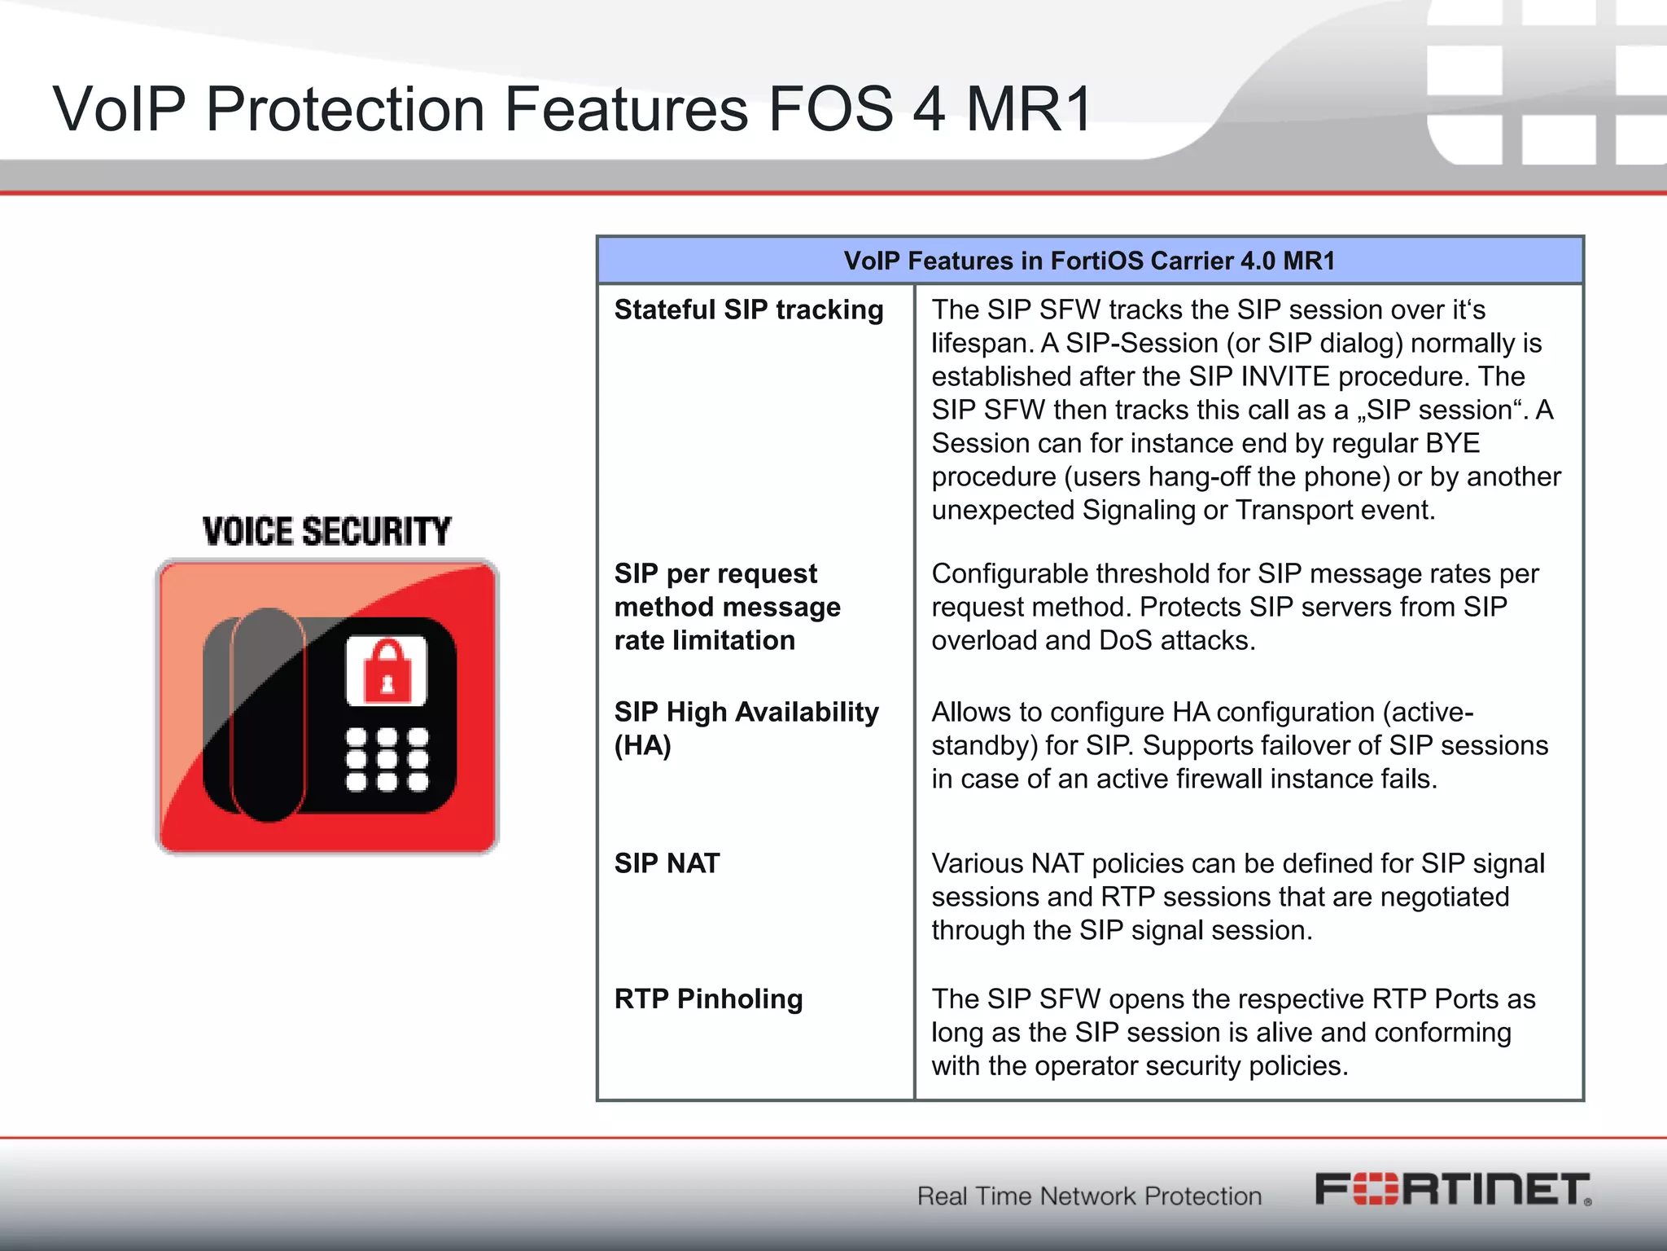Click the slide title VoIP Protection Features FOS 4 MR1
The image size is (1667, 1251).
tap(572, 109)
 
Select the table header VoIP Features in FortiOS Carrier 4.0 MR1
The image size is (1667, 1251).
tap(1089, 261)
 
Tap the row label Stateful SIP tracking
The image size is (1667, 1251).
tap(748, 310)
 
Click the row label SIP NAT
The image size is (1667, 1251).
tap(667, 863)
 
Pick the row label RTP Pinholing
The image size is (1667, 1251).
tap(708, 999)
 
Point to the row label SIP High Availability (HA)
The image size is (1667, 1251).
tap(746, 728)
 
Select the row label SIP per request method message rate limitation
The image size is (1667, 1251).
tap(727, 607)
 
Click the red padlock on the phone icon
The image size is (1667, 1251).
tap(387, 670)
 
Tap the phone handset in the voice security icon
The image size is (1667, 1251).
tap(268, 714)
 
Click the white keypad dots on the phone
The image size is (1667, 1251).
tap(387, 759)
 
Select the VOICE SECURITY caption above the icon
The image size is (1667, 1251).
tap(326, 532)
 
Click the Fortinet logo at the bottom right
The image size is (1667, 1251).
tap(1453, 1190)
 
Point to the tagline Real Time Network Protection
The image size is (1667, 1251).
tap(1089, 1196)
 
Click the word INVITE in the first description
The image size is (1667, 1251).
tap(1285, 377)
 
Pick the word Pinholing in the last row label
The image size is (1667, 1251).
tap(739, 999)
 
